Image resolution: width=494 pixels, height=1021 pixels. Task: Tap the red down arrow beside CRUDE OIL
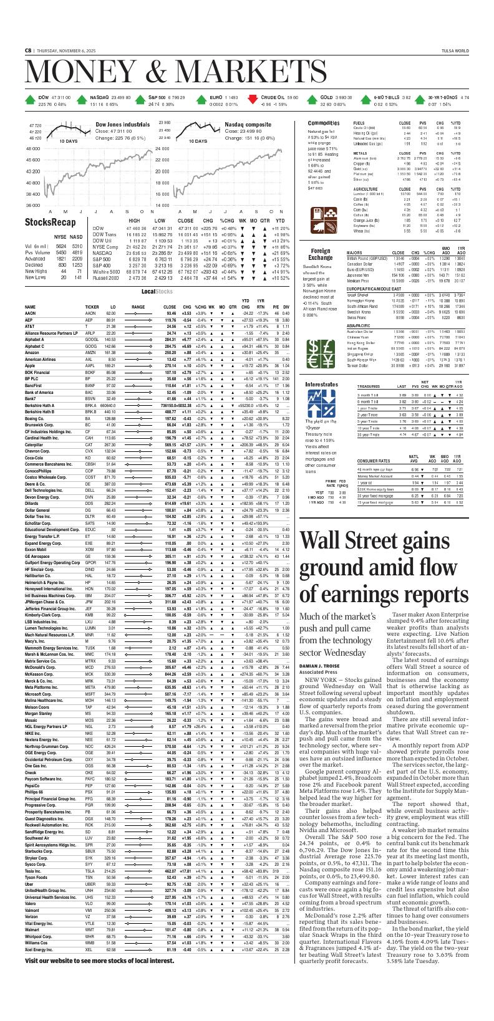(x=253, y=98)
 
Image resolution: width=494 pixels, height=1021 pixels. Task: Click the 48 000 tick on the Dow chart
(x=32, y=149)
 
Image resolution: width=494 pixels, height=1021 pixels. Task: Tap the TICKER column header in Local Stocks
(x=92, y=307)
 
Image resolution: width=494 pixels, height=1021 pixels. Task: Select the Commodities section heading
(x=324, y=123)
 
